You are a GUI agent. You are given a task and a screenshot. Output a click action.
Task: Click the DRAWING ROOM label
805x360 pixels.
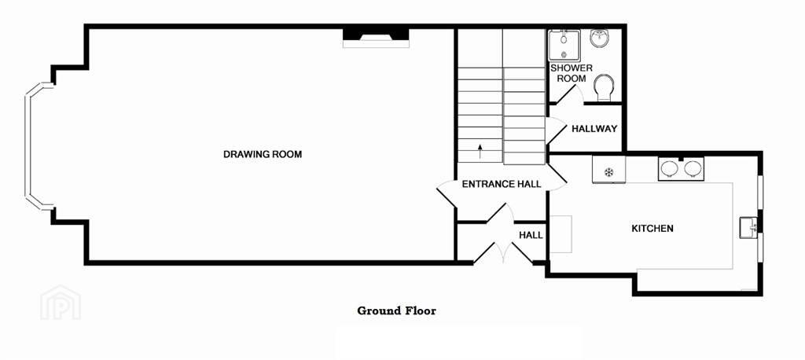click(x=263, y=154)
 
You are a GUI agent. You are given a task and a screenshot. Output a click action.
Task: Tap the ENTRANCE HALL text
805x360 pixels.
click(x=502, y=184)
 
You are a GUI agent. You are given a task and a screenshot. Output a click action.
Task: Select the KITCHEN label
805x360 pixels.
click(x=652, y=229)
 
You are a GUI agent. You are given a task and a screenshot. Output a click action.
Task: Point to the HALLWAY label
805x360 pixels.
click(x=594, y=129)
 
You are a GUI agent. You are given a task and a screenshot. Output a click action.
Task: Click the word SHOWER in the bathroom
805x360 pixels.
click(x=572, y=68)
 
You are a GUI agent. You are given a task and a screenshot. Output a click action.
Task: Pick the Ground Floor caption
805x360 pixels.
click(x=397, y=310)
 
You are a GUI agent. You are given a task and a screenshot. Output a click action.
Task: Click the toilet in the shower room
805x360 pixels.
click(x=605, y=88)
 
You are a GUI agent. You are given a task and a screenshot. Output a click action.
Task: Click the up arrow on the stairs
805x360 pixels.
click(x=480, y=150)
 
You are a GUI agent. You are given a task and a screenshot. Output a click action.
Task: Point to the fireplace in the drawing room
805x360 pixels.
click(x=376, y=39)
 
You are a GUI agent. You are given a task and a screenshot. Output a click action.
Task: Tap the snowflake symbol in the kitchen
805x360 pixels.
click(x=609, y=172)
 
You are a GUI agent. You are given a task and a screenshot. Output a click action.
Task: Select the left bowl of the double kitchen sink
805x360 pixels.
click(x=670, y=168)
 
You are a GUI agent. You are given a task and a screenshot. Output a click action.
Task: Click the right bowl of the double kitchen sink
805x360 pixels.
click(x=692, y=168)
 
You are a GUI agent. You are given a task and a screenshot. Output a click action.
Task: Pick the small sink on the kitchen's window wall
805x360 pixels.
click(x=748, y=227)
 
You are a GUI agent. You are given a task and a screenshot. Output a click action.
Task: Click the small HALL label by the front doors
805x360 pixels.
click(x=531, y=235)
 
